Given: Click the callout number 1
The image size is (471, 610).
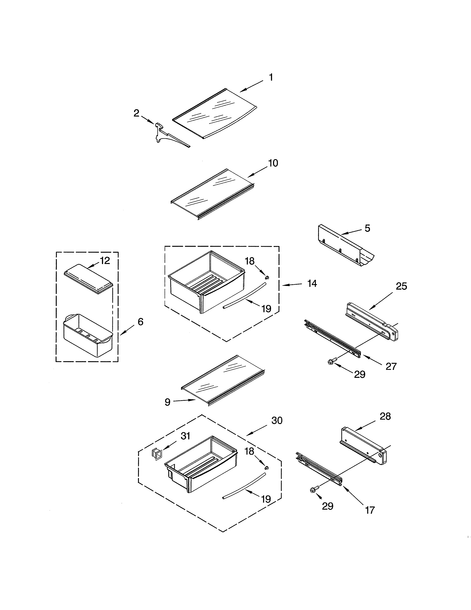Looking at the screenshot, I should click(271, 77).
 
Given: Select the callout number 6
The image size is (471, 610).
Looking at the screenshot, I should click(140, 322).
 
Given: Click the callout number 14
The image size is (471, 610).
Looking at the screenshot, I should click(312, 284).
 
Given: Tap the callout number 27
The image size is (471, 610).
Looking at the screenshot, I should click(391, 366).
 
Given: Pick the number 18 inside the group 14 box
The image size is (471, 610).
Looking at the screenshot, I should click(250, 261).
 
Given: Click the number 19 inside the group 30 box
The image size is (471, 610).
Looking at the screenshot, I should click(266, 499).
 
